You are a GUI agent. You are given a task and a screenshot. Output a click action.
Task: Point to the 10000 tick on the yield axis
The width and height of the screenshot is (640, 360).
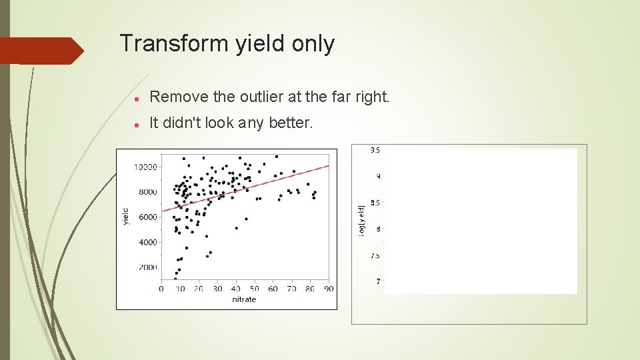[146, 167]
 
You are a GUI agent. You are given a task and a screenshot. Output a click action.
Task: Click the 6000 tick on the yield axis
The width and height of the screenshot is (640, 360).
[147, 217]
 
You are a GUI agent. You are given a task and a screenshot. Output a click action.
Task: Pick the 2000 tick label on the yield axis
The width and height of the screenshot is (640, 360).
[147, 268]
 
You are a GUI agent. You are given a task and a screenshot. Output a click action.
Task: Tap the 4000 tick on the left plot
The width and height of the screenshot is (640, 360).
[147, 243]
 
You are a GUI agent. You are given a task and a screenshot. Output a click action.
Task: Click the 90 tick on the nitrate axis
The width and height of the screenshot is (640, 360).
[329, 289]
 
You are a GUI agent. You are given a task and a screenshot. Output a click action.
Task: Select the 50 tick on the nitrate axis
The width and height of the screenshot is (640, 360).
[254, 289]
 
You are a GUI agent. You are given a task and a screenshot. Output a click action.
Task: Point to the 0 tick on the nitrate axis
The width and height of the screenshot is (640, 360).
[161, 289]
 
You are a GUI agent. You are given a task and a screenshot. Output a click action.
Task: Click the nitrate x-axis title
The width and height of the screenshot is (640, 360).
[244, 299]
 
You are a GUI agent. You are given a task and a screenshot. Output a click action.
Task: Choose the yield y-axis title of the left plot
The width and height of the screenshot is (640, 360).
[126, 217]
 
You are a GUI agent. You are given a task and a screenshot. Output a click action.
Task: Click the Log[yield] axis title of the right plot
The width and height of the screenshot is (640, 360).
[361, 220]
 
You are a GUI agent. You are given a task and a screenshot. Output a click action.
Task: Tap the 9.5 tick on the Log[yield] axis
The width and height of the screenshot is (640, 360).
[375, 151]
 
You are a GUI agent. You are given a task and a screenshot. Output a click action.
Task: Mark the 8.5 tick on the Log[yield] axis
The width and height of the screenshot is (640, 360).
[375, 203]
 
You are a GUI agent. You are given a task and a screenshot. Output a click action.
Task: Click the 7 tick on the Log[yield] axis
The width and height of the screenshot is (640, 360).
[377, 282]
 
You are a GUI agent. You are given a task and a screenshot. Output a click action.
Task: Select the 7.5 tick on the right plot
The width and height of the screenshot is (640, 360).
[375, 255]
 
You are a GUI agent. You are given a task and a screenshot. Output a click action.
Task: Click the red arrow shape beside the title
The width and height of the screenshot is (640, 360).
[41, 51]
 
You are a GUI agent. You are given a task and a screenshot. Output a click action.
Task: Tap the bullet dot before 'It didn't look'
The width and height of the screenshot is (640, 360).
[136, 123]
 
